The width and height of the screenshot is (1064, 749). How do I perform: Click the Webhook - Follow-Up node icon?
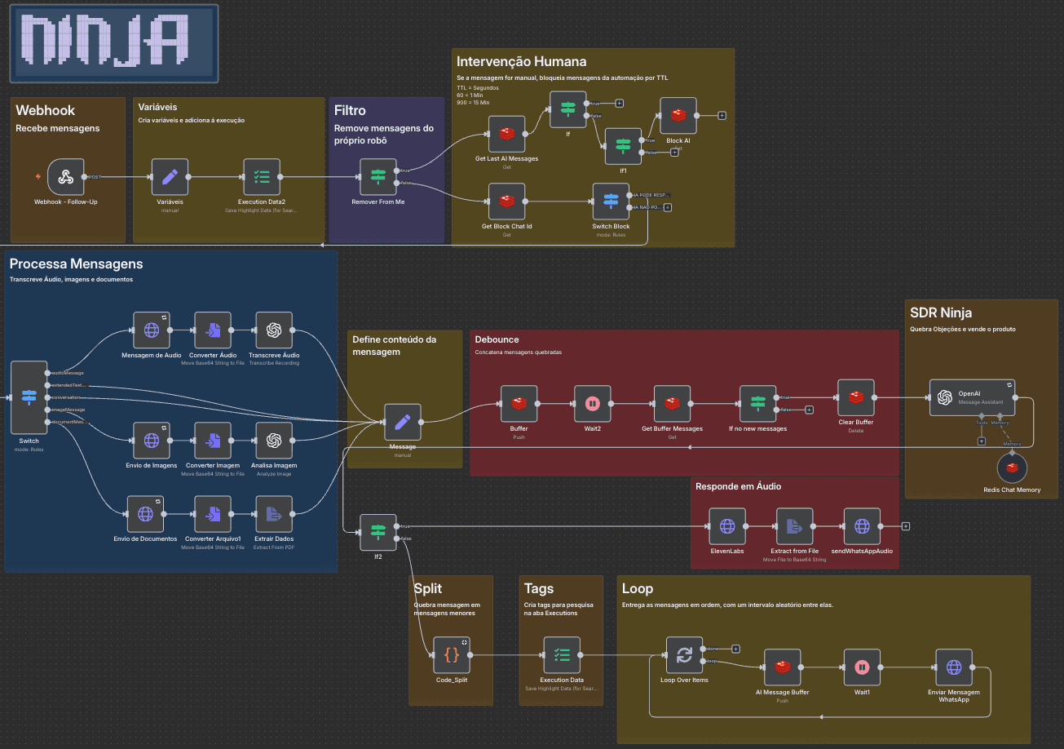tap(65, 177)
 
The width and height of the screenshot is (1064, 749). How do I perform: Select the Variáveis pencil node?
tap(170, 177)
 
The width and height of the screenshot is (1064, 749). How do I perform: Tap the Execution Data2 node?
tap(262, 177)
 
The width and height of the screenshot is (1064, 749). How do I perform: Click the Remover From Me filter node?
tap(377, 177)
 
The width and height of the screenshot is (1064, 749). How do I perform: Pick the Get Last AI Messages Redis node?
tap(506, 134)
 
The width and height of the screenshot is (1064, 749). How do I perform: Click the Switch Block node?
tap(611, 202)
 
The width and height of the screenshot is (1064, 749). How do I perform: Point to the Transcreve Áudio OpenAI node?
tap(274, 330)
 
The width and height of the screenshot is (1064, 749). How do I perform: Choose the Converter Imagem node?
tap(213, 441)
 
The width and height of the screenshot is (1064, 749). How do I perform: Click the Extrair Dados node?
tap(274, 514)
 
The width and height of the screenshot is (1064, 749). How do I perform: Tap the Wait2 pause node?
tap(593, 404)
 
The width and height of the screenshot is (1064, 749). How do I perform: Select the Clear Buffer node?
tap(855, 397)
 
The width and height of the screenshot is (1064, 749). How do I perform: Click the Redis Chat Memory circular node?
tap(1012, 468)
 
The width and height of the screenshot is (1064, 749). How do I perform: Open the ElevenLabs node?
tap(727, 526)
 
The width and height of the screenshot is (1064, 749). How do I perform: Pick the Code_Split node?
tap(452, 655)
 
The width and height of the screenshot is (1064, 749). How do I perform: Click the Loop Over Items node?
tap(684, 655)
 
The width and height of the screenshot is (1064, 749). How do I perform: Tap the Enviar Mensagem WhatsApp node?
tap(953, 667)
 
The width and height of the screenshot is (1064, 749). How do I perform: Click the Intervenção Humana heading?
tap(521, 62)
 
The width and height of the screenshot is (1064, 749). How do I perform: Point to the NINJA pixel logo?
tap(113, 43)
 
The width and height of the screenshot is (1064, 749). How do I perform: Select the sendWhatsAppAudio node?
tap(862, 526)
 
